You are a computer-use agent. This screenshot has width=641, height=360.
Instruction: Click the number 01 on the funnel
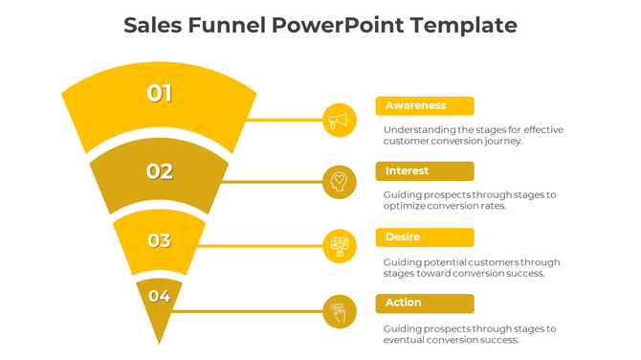(159, 93)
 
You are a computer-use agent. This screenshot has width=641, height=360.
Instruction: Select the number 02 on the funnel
(159, 171)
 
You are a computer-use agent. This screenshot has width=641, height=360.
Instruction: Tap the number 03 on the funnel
(159, 240)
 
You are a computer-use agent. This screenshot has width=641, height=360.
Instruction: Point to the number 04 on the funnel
(159, 296)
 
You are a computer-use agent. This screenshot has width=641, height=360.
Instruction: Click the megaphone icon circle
(340, 120)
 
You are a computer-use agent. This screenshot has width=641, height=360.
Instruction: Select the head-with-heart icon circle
(340, 181)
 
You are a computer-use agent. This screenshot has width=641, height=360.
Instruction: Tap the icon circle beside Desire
(340, 246)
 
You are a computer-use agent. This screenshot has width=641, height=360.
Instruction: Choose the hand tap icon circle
(340, 311)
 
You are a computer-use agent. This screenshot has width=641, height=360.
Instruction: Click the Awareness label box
(425, 105)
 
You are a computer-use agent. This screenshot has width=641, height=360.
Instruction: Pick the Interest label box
(425, 171)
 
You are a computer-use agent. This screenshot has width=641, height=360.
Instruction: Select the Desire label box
(425, 237)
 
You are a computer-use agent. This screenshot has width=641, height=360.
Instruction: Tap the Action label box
(425, 303)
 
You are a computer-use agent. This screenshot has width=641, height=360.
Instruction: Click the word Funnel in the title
(229, 26)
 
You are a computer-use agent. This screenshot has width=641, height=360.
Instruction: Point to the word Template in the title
(463, 26)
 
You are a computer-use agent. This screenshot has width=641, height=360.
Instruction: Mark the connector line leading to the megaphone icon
(277, 120)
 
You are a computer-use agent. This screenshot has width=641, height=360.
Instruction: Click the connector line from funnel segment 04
(249, 311)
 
